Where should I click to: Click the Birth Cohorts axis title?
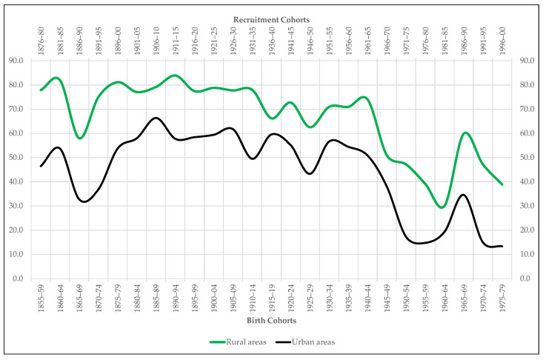pyautogui.click(x=270, y=322)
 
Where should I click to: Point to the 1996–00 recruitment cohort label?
pyautogui.click(x=502, y=37)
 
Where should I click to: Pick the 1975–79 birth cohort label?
pyautogui.click(x=502, y=298)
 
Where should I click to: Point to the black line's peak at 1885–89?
pyautogui.click(x=156, y=118)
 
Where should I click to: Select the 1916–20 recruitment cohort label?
pyautogui.click(x=195, y=37)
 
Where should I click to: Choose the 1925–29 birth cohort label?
pyautogui.click(x=310, y=298)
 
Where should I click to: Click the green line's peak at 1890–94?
pyautogui.click(x=176, y=76)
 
